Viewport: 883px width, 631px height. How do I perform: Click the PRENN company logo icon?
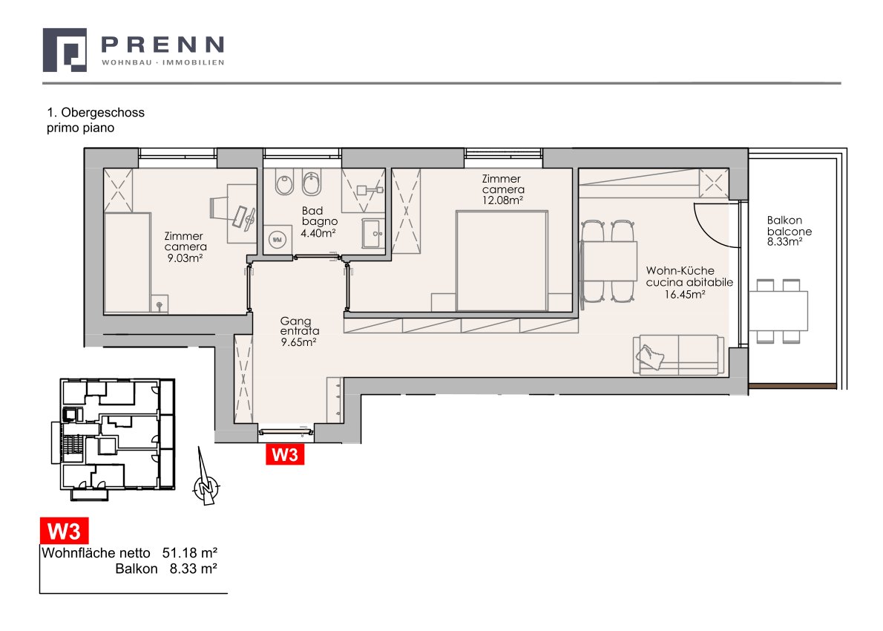click(65, 50)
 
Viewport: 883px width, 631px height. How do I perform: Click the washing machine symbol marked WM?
click(277, 240)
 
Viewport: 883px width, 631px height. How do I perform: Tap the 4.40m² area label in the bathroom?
click(318, 232)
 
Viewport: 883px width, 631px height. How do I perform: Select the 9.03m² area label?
click(185, 258)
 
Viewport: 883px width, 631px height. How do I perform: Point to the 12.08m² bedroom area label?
click(503, 200)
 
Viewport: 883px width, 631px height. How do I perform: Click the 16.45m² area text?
click(685, 294)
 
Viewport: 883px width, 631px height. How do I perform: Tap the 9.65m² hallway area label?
click(298, 341)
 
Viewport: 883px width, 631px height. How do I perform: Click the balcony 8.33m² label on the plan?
click(784, 242)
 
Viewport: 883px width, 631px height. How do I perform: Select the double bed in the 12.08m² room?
click(501, 261)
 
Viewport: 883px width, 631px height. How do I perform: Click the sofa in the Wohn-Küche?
click(679, 355)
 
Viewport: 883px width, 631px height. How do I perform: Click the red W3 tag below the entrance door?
click(285, 454)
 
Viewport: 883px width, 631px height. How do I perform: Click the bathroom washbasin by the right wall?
click(373, 233)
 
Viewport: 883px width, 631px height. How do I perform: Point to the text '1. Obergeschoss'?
click(96, 112)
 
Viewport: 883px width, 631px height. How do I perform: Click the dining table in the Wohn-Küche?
click(608, 261)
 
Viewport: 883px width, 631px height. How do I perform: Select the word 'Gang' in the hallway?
click(295, 321)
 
